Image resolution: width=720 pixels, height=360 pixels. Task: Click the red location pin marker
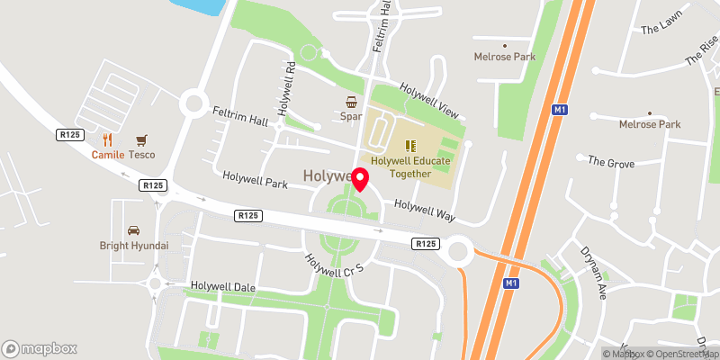[x=360, y=179]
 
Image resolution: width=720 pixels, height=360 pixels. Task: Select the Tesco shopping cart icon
[x=140, y=140]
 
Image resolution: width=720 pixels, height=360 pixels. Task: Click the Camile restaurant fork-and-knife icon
[x=108, y=139]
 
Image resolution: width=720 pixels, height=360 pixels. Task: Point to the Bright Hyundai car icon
[x=133, y=230]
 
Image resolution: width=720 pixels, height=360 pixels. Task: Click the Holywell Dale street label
[x=220, y=287]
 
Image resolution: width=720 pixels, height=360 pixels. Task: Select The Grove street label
[x=611, y=162]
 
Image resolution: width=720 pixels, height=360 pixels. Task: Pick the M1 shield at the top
[x=560, y=110]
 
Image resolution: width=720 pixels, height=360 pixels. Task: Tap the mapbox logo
[x=40, y=348]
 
